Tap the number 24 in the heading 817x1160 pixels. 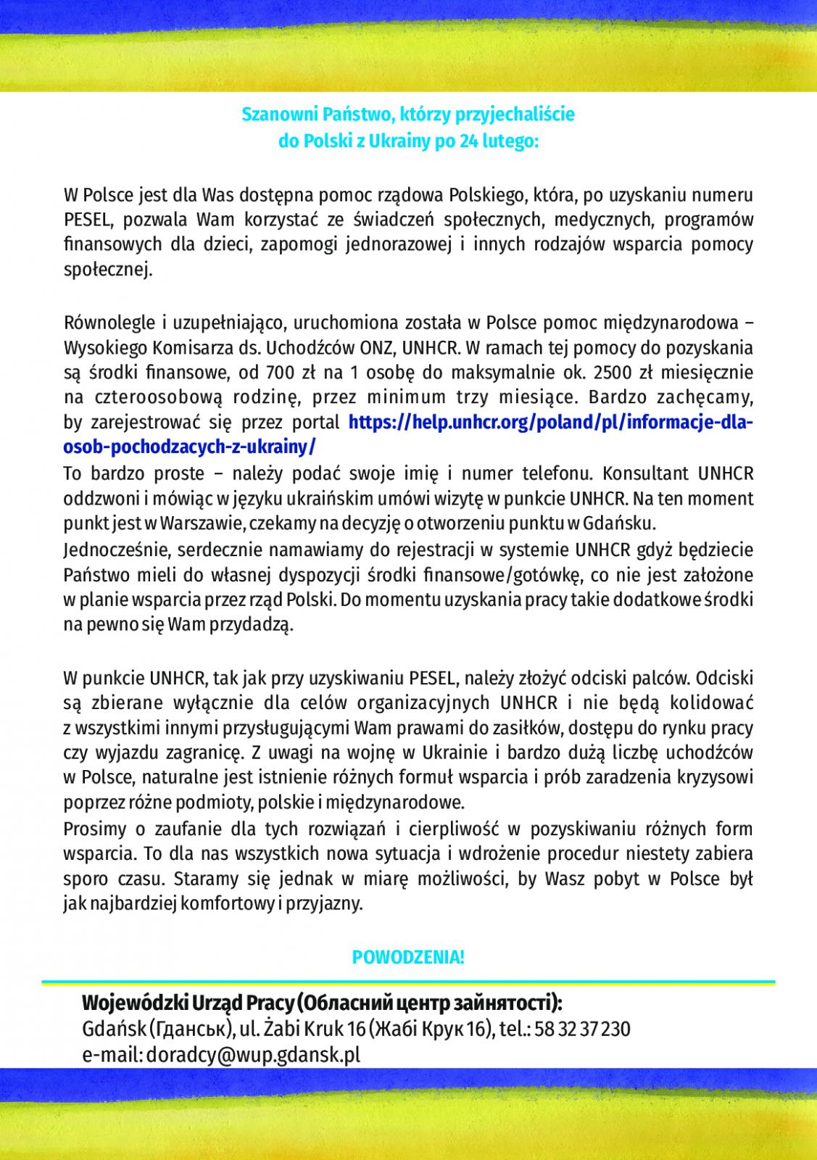click(469, 141)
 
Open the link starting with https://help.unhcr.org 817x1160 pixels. click(552, 422)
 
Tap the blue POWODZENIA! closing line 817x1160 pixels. click(408, 957)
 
